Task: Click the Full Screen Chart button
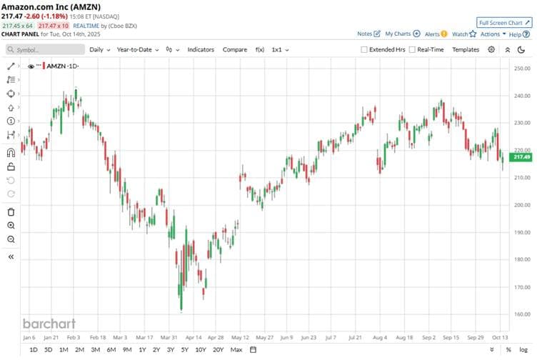pyautogui.click(x=504, y=23)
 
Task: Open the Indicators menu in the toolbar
pyautogui.click(x=201, y=49)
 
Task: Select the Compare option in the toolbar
pyautogui.click(x=235, y=49)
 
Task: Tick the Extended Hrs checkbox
pyautogui.click(x=364, y=50)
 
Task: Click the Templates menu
pyautogui.click(x=466, y=49)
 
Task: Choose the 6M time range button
pyautogui.click(x=111, y=350)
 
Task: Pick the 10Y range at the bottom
pyautogui.click(x=201, y=350)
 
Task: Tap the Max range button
pyautogui.click(x=236, y=350)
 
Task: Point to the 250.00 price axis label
pyautogui.click(x=521, y=69)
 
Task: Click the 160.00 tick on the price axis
pyautogui.click(x=521, y=314)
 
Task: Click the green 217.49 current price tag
pyautogui.click(x=522, y=157)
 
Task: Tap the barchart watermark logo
pyautogui.click(x=49, y=323)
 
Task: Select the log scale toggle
pyautogui.click(x=524, y=350)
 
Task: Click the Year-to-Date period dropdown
pyautogui.click(x=137, y=49)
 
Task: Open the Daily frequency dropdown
pyautogui.click(x=99, y=49)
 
